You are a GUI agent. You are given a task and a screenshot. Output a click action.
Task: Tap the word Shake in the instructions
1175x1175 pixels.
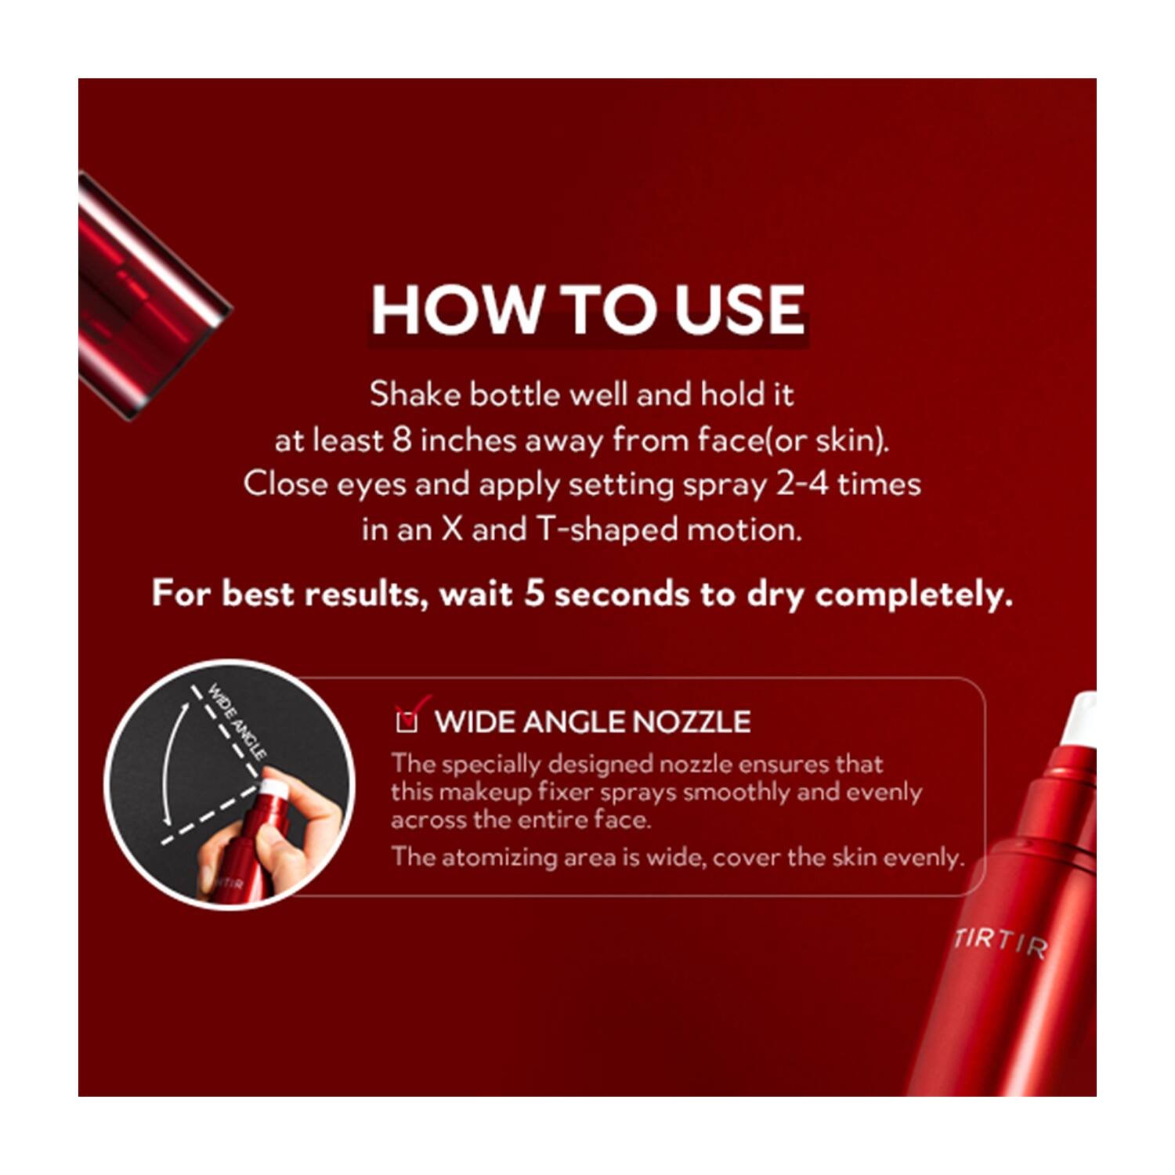click(415, 394)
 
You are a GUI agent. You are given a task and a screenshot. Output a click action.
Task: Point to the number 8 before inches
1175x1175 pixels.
click(402, 439)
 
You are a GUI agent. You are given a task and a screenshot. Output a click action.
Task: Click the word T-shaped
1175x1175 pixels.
click(607, 530)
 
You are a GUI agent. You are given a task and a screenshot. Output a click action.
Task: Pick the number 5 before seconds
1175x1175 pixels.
click(534, 593)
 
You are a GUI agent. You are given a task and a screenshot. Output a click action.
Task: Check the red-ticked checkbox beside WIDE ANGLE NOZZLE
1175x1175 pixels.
click(407, 721)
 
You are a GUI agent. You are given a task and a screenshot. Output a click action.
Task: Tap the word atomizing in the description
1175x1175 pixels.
click(490, 857)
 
